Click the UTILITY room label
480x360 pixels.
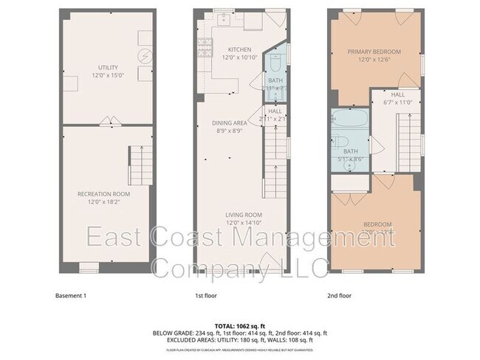[109, 67]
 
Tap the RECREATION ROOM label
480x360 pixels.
[109, 194]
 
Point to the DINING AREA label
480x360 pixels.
[230, 122]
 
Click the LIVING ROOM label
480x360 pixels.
[244, 215]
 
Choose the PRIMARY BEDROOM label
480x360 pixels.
[374, 52]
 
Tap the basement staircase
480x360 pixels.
[140, 166]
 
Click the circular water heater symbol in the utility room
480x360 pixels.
[146, 55]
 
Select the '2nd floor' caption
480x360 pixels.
[339, 296]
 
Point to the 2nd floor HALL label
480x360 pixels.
[397, 95]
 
